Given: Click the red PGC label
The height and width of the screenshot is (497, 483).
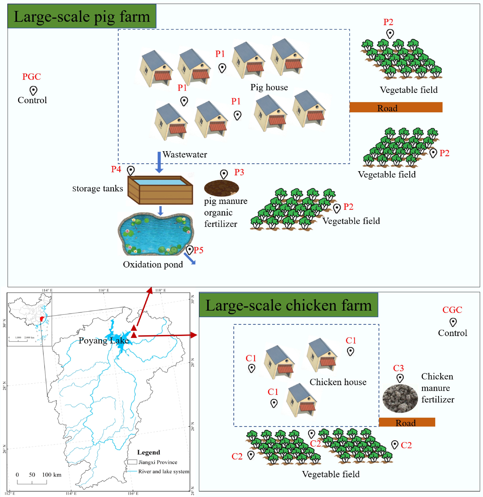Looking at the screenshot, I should point(31,77).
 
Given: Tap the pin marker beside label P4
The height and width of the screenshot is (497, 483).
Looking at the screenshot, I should point(131,170).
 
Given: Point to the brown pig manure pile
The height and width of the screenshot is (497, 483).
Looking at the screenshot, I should point(221,188).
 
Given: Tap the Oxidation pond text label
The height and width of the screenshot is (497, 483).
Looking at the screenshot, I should point(153,264).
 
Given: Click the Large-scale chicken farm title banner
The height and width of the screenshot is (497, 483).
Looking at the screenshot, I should point(288,305).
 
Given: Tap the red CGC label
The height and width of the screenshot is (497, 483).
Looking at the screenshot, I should point(452,310).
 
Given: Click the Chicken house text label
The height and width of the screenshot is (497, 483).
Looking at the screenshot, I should point(338,382).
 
